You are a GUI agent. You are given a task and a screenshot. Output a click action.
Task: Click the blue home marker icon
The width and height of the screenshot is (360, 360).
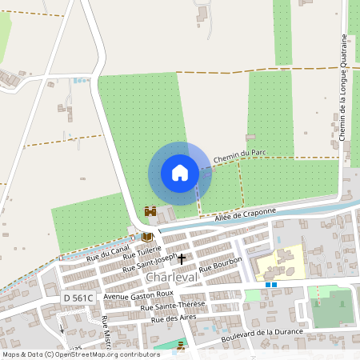180,173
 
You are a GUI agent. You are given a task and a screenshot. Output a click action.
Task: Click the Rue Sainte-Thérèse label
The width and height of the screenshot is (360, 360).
172,305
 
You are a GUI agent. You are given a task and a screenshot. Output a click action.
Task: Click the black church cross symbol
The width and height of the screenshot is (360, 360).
182,258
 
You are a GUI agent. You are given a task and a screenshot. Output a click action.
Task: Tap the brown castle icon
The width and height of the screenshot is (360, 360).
150,211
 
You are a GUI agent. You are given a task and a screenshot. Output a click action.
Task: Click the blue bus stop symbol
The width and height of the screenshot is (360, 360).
271,283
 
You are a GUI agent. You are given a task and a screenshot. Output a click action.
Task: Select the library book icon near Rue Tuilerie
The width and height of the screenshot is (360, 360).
146,237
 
